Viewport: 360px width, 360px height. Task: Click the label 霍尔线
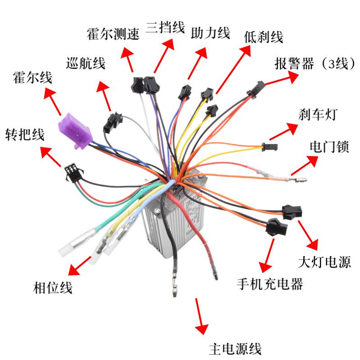(x=33, y=77)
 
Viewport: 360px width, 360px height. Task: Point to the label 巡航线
(x=85, y=63)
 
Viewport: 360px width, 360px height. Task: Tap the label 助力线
(x=210, y=33)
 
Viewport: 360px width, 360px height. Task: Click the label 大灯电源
(x=324, y=261)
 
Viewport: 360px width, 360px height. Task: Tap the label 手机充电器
(x=270, y=284)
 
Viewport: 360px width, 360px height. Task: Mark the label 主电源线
(x=235, y=349)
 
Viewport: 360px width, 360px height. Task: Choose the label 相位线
(x=53, y=287)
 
